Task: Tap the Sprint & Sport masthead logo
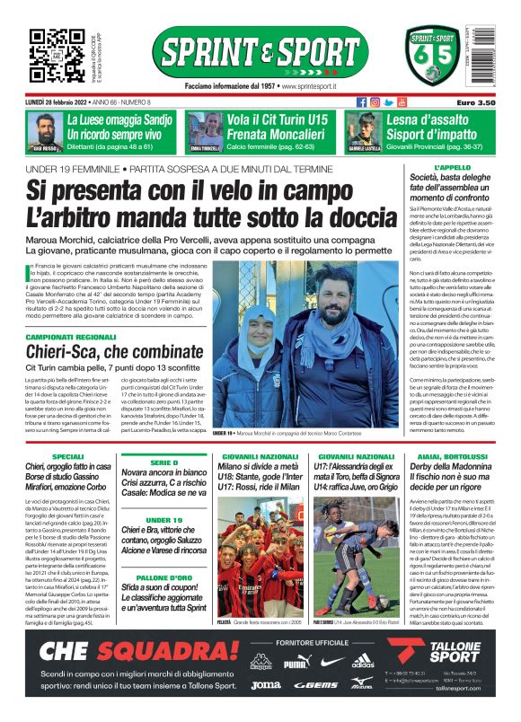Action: tap(260, 53)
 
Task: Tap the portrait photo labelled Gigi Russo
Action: tap(44, 130)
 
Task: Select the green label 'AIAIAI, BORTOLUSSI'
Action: tap(453, 457)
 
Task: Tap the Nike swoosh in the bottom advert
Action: tap(331, 662)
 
